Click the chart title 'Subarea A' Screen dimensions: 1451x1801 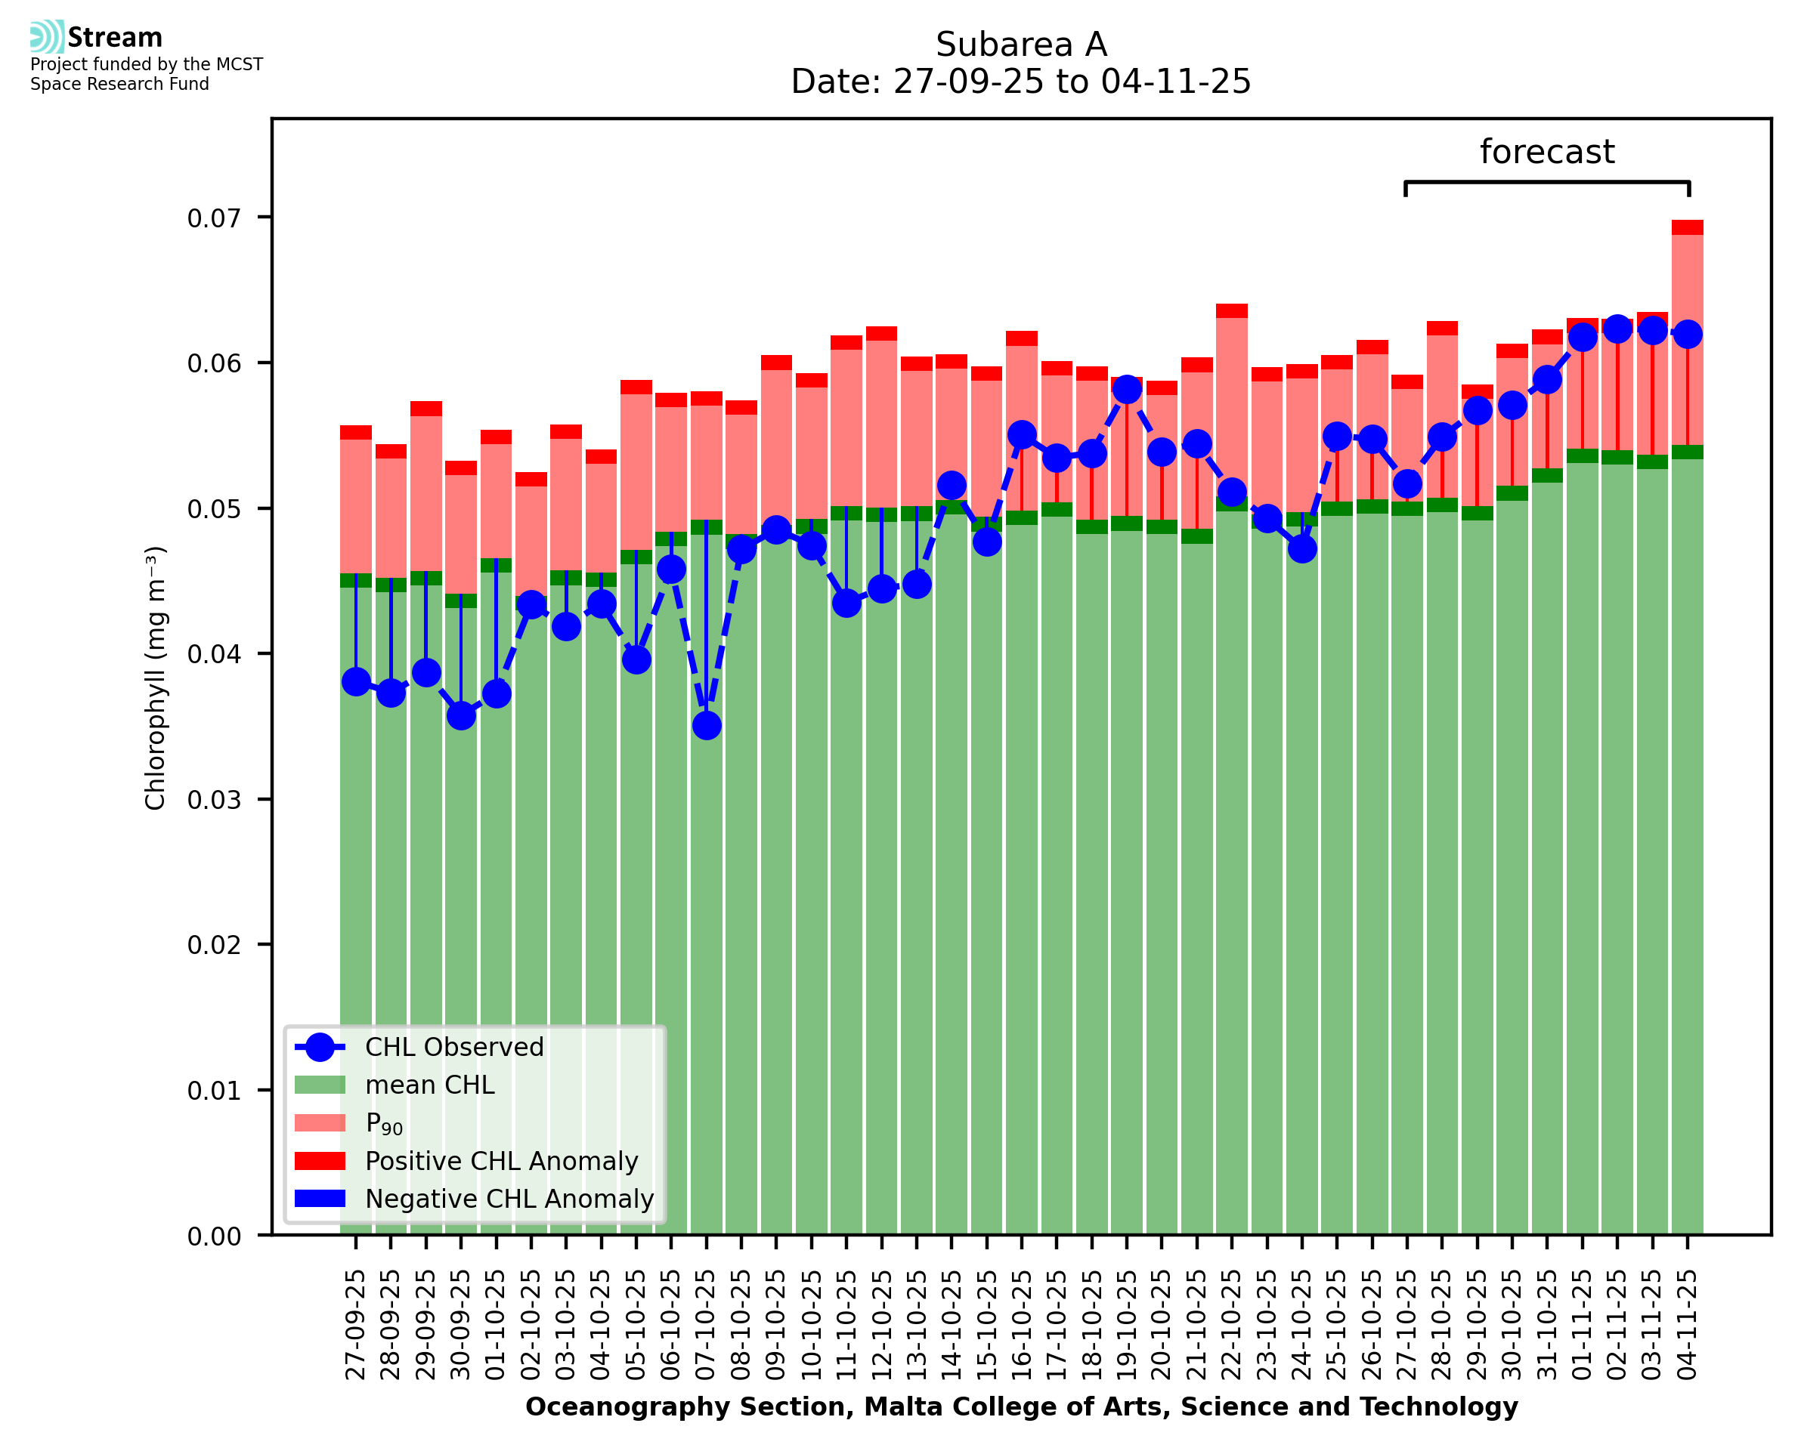pyautogui.click(x=1021, y=45)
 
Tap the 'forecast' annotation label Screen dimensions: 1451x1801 pyautogui.click(x=1546, y=152)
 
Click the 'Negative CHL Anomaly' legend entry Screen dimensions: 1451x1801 pyautogui.click(x=509, y=1199)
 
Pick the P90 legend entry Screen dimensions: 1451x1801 pyautogui.click(x=384, y=1123)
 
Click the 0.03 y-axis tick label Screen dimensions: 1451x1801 pyautogui.click(x=213, y=800)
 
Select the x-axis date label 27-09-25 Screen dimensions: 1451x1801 pyautogui.click(x=356, y=1325)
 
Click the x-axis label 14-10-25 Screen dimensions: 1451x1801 pyautogui.click(x=952, y=1325)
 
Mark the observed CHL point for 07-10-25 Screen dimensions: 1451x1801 pyautogui.click(x=707, y=725)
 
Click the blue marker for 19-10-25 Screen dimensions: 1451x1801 pyautogui.click(x=1127, y=389)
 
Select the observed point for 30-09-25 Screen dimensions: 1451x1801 pyautogui.click(x=461, y=715)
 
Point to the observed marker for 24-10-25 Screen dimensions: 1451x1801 pyautogui.click(x=1302, y=548)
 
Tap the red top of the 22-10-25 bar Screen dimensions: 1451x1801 pyautogui.click(x=1232, y=311)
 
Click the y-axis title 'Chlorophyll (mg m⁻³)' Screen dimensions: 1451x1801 pyautogui.click(x=156, y=678)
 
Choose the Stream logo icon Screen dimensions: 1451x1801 pyautogui.click(x=47, y=37)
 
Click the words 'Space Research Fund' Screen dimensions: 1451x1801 pyautogui.click(x=119, y=85)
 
